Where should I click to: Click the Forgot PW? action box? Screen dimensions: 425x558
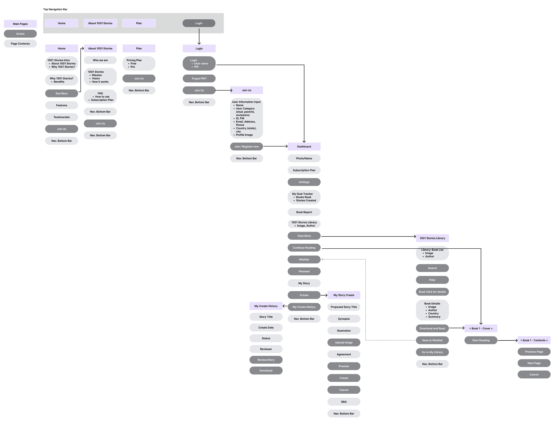click(x=199, y=79)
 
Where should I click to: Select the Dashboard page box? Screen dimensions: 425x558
click(x=304, y=147)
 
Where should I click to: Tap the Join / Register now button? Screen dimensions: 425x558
click(x=246, y=147)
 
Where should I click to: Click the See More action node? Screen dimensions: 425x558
click(x=61, y=94)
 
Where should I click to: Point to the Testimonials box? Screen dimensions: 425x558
click(x=61, y=117)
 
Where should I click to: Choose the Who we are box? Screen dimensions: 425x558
click(x=100, y=60)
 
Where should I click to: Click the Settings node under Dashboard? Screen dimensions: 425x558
click(x=304, y=182)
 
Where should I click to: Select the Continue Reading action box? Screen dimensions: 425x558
click(x=304, y=248)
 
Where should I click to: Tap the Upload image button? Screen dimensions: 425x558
click(x=344, y=343)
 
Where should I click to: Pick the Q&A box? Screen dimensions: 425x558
click(x=344, y=402)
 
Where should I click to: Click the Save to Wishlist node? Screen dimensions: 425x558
click(x=432, y=340)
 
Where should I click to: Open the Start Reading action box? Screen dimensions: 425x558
click(x=481, y=340)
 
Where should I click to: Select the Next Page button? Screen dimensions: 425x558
click(x=534, y=363)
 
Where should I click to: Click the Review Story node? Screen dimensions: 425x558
click(x=266, y=360)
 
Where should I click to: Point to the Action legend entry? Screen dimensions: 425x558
click(x=20, y=34)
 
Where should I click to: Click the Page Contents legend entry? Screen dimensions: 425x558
click(x=20, y=44)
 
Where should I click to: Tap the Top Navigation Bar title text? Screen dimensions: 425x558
click(x=55, y=9)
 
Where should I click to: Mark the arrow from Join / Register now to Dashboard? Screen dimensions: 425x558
click(x=275, y=147)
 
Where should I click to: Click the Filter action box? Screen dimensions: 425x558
click(x=432, y=280)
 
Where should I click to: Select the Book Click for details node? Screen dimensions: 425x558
click(x=432, y=292)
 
